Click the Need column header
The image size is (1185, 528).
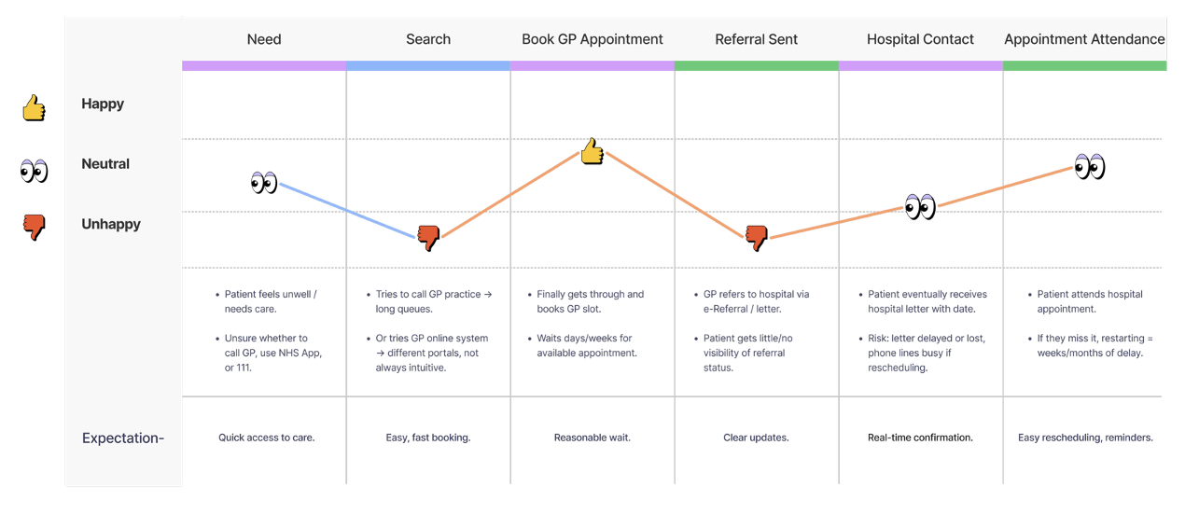click(x=264, y=39)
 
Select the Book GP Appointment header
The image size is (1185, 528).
click(x=592, y=39)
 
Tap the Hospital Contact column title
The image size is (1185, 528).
click(x=920, y=39)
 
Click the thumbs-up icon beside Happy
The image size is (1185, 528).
click(x=35, y=107)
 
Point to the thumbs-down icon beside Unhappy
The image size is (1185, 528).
click(x=35, y=227)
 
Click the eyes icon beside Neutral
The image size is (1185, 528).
click(x=35, y=170)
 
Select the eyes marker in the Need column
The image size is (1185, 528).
click(x=264, y=182)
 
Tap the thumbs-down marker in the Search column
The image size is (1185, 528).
click(x=428, y=239)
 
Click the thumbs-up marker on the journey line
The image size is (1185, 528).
click(x=592, y=151)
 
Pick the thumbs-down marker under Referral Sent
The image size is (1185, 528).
click(x=757, y=239)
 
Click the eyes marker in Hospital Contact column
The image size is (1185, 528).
click(x=920, y=206)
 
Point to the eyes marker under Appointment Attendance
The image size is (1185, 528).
click(x=1089, y=167)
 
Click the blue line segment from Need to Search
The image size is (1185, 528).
click(x=346, y=210)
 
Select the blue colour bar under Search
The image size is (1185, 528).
click(x=428, y=66)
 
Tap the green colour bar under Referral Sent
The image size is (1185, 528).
click(x=757, y=66)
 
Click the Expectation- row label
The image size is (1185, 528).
click(x=123, y=438)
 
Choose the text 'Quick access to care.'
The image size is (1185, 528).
click(x=267, y=438)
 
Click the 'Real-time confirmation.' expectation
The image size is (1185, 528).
click(x=920, y=438)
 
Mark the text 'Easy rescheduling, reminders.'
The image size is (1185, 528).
click(x=1085, y=438)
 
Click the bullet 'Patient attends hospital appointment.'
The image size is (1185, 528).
click(x=1089, y=301)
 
